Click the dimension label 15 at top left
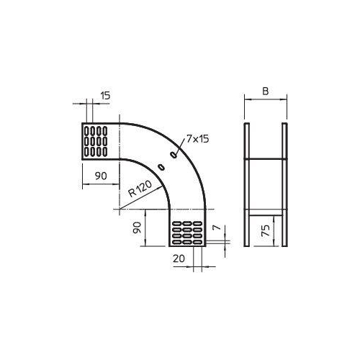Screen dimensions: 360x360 coord(105,96)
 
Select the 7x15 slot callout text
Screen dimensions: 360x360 coord(198,139)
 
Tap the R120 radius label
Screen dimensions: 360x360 coord(140,189)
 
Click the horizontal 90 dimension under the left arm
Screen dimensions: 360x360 coord(101,176)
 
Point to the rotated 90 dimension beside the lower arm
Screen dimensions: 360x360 coord(137,228)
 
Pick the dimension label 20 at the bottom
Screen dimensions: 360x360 coord(179,258)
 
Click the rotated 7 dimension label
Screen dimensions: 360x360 coord(217,227)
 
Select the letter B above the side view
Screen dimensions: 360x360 coord(266,91)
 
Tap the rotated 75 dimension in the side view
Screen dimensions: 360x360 coord(266,230)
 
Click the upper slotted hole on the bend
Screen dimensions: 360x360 coord(174,155)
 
